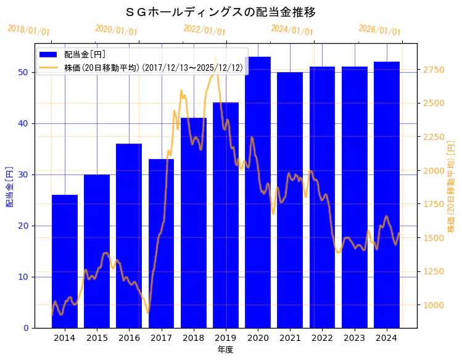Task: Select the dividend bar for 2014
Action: point(65,261)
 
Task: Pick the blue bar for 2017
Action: point(161,243)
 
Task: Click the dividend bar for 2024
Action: point(387,195)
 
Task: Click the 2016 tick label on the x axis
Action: point(129,338)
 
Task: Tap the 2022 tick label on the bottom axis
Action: point(322,338)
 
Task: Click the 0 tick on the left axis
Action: point(24,328)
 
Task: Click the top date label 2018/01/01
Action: point(29,30)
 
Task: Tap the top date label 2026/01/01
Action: point(379,30)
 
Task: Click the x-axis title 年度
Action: point(225,350)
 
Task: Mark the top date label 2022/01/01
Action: point(204,30)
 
